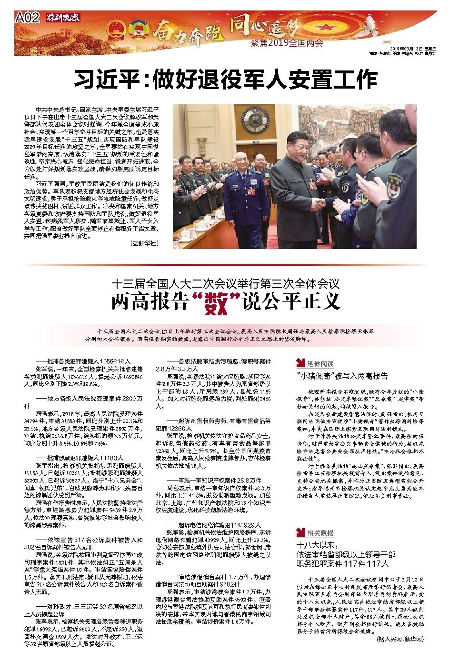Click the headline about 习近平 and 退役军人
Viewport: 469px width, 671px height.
tap(225, 79)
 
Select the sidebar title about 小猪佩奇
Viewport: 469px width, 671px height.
tap(341, 376)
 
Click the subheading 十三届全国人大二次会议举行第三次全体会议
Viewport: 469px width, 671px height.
tap(225, 284)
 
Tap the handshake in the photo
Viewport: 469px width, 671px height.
tap(318, 204)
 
